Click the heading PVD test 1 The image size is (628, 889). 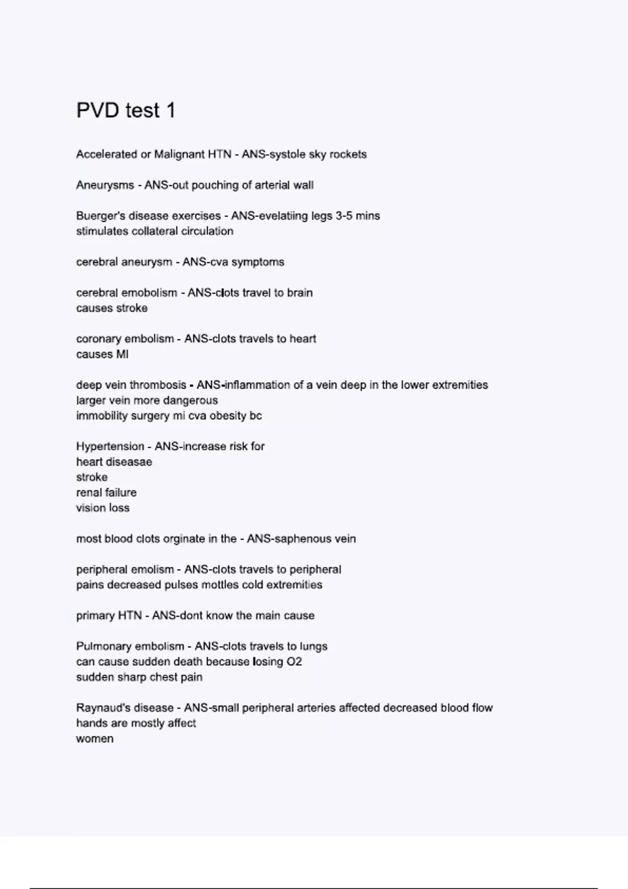tap(126, 110)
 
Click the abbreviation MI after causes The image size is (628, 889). tap(122, 355)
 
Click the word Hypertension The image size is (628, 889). tap(110, 447)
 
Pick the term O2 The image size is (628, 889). tap(294, 662)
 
